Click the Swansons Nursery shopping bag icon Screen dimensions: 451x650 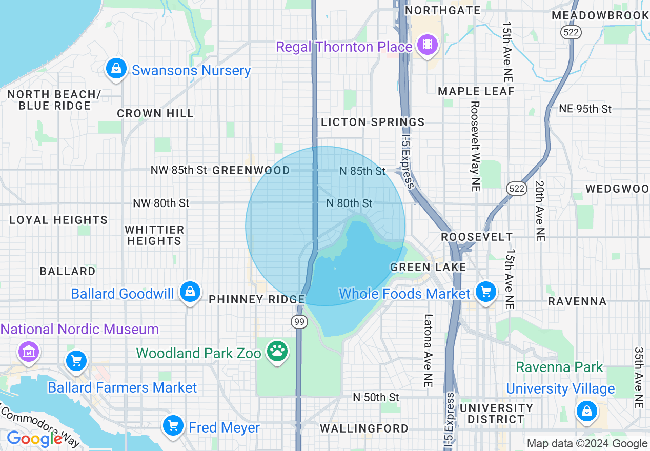(x=116, y=69)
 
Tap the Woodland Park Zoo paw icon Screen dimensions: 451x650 (x=277, y=352)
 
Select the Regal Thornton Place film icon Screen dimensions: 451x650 (x=427, y=45)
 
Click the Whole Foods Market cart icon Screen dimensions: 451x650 (x=485, y=292)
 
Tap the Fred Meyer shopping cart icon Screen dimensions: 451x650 (x=173, y=425)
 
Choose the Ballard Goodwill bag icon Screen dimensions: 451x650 (x=190, y=292)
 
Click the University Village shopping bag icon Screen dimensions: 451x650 (x=586, y=411)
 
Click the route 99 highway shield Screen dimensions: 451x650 (x=299, y=322)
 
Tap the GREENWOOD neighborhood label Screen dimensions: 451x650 (x=251, y=170)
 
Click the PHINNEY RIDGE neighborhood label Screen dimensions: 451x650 (x=257, y=299)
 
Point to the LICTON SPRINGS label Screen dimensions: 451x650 (x=373, y=122)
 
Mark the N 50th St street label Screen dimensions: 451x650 (x=376, y=397)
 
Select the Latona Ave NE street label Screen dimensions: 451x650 (x=429, y=350)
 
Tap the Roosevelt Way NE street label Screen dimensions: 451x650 (x=475, y=146)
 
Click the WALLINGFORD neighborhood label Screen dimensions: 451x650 (x=364, y=428)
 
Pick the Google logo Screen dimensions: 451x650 (x=35, y=439)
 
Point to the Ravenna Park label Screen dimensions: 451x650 (x=560, y=367)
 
